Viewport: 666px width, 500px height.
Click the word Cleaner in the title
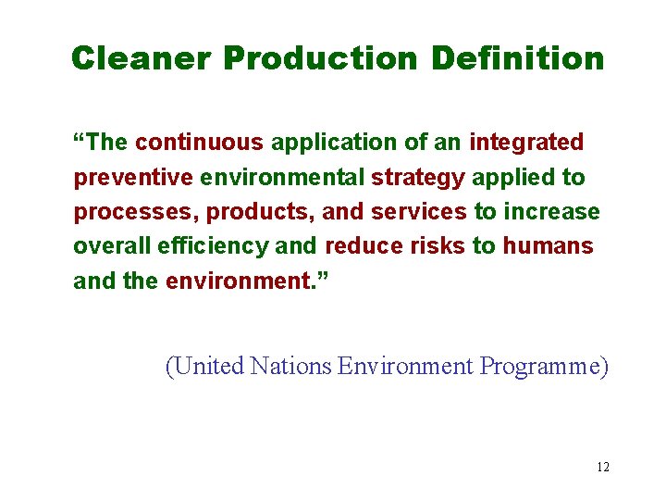141,58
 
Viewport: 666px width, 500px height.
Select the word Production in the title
320,58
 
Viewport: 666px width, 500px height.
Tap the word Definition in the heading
517,58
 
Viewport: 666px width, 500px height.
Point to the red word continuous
199,143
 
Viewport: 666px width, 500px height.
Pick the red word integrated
526,144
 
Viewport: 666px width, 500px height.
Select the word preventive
131,178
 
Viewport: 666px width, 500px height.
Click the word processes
136,213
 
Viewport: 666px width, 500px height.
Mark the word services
418,212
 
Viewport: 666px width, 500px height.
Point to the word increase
551,212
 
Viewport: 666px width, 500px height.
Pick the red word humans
548,247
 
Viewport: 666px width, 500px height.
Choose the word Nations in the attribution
290,367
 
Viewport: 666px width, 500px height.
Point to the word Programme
543,368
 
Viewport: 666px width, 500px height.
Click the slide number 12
603,467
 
